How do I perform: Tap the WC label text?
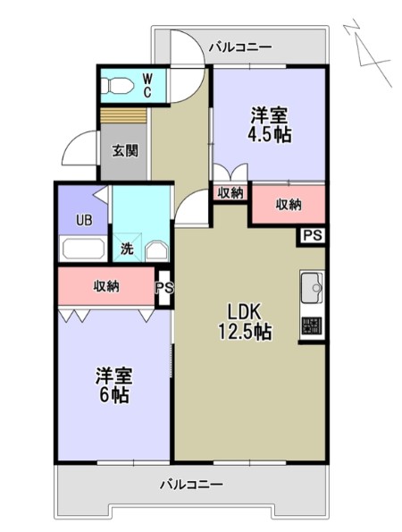coord(148,86)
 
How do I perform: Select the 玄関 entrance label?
coord(125,150)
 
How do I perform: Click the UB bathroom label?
coord(83,218)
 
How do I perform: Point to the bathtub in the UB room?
coord(82,248)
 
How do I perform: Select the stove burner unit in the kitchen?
coord(313,325)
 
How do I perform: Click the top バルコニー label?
coord(239,46)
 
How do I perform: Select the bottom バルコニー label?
coord(191,485)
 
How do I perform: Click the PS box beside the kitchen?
coord(311,235)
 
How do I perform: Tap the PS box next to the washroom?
coord(163,288)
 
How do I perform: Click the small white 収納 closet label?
coord(230,192)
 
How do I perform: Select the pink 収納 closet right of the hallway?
coord(287,204)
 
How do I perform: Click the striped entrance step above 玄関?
coord(123,116)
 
